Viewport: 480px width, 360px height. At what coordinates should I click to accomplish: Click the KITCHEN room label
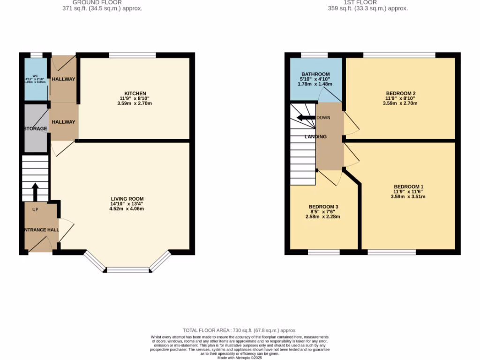pyautogui.click(x=135, y=93)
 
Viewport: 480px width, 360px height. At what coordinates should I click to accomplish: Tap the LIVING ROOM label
pyautogui.click(x=127, y=199)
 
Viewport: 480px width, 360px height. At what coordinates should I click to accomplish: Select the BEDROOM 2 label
pyautogui.click(x=401, y=93)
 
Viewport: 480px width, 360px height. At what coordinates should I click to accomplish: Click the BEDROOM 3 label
pyautogui.click(x=323, y=207)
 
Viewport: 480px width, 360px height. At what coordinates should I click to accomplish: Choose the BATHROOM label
pyautogui.click(x=315, y=74)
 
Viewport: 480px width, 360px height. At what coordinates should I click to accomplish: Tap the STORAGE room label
pyautogui.click(x=36, y=128)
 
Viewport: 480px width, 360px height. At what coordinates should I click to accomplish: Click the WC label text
pyautogui.click(x=35, y=75)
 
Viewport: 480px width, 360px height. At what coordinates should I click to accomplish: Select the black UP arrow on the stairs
pyautogui.click(x=35, y=191)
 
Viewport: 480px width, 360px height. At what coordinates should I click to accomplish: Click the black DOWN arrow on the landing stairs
pyautogui.click(x=306, y=118)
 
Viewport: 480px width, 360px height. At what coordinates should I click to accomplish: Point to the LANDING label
pyautogui.click(x=315, y=136)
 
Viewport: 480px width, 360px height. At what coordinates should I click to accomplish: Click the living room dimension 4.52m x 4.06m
pyautogui.click(x=127, y=209)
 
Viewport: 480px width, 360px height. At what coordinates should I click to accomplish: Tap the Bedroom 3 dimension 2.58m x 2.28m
pyautogui.click(x=323, y=217)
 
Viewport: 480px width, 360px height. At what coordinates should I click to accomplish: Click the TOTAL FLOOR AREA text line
pyautogui.click(x=240, y=330)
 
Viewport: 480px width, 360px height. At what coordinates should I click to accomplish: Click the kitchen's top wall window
pyautogui.click(x=133, y=55)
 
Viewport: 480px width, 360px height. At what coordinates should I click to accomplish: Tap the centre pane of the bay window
pyautogui.click(x=127, y=270)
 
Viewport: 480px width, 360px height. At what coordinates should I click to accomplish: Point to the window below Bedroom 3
pyautogui.click(x=323, y=253)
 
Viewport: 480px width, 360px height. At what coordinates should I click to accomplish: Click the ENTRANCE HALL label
pyautogui.click(x=42, y=230)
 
